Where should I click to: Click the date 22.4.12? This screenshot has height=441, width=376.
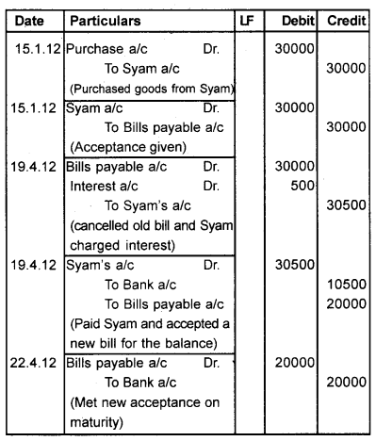[x=32, y=362]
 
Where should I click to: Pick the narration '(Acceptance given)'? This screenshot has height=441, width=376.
[x=122, y=147]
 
